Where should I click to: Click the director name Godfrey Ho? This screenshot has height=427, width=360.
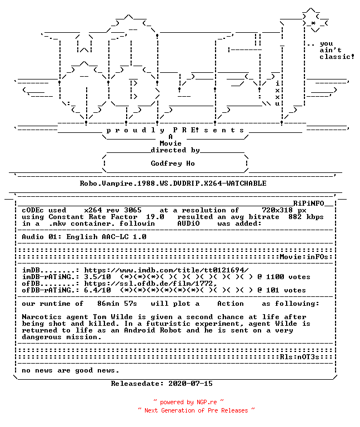pyautogui.click(x=173, y=163)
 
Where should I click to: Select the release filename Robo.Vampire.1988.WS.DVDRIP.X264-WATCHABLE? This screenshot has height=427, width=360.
pyautogui.click(x=173, y=183)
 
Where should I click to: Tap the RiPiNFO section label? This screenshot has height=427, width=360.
pyautogui.click(x=308, y=203)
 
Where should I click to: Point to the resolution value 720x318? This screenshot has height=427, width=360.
pyautogui.click(x=277, y=210)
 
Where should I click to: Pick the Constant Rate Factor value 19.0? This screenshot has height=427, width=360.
pyautogui.click(x=155, y=217)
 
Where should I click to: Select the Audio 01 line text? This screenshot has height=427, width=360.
pyautogui.click(x=84, y=237)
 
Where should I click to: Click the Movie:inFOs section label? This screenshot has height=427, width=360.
pyautogui.click(x=304, y=257)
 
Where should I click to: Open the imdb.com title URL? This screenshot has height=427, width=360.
pyautogui.click(x=166, y=270)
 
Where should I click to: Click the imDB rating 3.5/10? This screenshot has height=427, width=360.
pyautogui.click(x=97, y=277)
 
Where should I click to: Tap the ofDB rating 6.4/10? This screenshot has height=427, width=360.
pyautogui.click(x=97, y=290)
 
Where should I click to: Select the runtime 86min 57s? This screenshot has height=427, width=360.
pyautogui.click(x=117, y=304)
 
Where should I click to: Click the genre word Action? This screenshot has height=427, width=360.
pyautogui.click(x=231, y=304)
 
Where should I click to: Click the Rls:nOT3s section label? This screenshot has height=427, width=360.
pyautogui.click(x=299, y=357)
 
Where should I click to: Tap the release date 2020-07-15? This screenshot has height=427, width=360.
pyautogui.click(x=191, y=384)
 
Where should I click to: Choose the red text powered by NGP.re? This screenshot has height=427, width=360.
pyautogui.click(x=188, y=402)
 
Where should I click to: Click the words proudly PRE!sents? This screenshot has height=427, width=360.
pyautogui.click(x=175, y=130)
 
